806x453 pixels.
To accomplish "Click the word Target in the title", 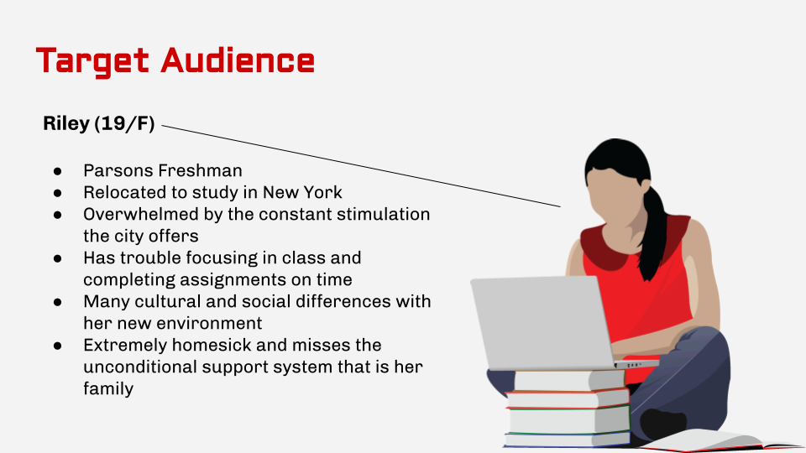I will [92, 60].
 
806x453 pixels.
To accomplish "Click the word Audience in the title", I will [238, 60].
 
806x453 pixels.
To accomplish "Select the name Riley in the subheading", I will [65, 124].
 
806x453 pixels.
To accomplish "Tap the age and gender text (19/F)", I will [124, 124].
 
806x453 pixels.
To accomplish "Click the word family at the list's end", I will [108, 388].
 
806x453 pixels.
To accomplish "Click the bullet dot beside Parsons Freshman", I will [58, 169].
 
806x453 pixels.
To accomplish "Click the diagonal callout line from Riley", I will [361, 166].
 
